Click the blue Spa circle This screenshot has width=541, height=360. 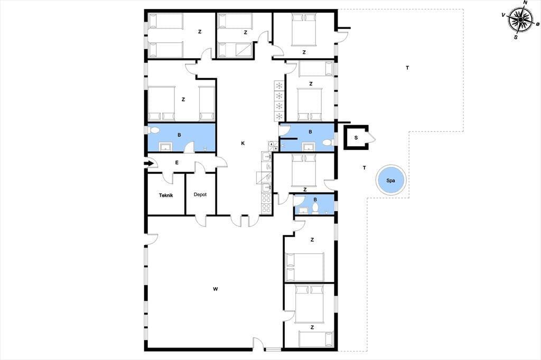pyautogui.click(x=390, y=181)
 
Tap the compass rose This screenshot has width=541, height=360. pyautogui.click(x=520, y=20)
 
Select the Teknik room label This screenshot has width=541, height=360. pyautogui.click(x=166, y=195)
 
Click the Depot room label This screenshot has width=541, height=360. pyautogui.click(x=200, y=194)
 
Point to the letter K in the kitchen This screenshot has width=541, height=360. pyautogui.click(x=243, y=143)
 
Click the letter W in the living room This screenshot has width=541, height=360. pyautogui.click(x=216, y=289)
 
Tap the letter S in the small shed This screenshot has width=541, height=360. pyautogui.click(x=356, y=138)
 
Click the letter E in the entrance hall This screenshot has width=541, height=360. pyautogui.click(x=177, y=163)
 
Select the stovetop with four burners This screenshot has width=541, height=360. pyautogui.click(x=266, y=203)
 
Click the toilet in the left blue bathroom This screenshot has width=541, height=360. pyautogui.click(x=154, y=130)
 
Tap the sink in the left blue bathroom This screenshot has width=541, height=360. pyautogui.click(x=165, y=147)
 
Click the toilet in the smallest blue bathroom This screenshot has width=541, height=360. pyautogui.click(x=315, y=209)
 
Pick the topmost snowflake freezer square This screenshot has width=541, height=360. pyautogui.click(x=279, y=85)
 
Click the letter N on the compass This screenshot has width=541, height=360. pyautogui.click(x=526, y=3)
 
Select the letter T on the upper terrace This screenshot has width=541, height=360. pyautogui.click(x=407, y=68)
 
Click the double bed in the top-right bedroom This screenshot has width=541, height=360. pyautogui.click(x=304, y=30)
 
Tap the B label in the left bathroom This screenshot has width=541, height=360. pyautogui.click(x=179, y=135)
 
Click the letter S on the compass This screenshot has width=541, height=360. pyautogui.click(x=516, y=37)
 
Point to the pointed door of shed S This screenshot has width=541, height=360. pyautogui.click(x=372, y=138)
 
